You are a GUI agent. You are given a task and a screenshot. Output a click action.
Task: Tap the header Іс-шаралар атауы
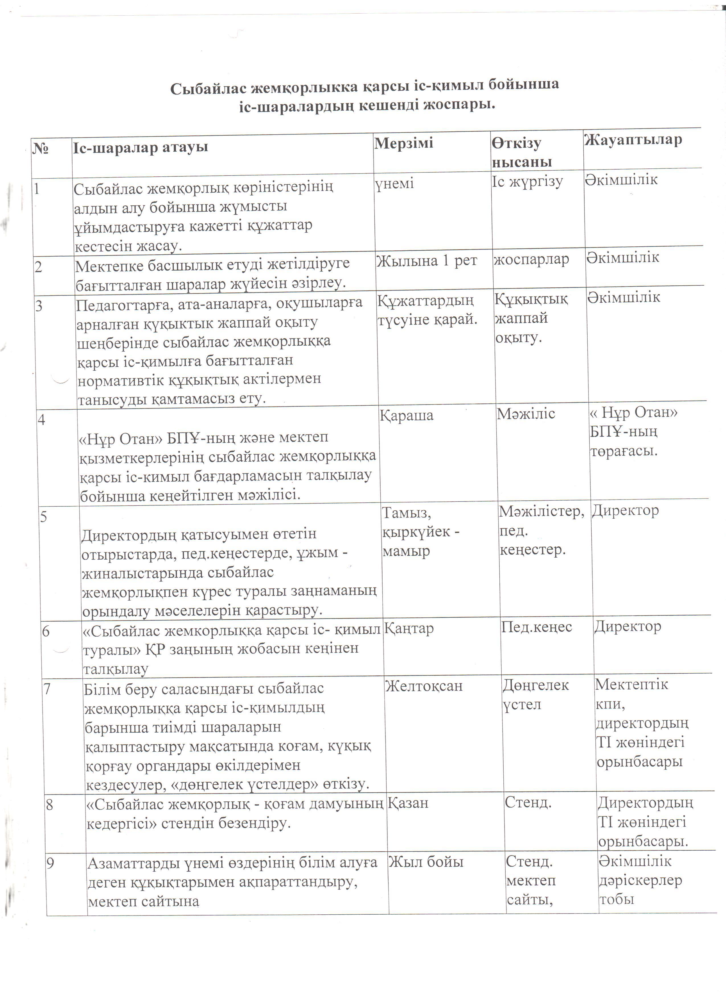[140, 147]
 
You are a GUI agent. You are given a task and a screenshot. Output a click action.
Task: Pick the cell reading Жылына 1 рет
[426, 261]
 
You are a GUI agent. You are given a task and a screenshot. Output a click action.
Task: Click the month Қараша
[406, 415]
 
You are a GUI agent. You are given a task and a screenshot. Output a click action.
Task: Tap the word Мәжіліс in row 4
[526, 414]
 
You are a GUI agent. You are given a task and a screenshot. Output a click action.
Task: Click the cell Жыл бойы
[425, 862]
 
